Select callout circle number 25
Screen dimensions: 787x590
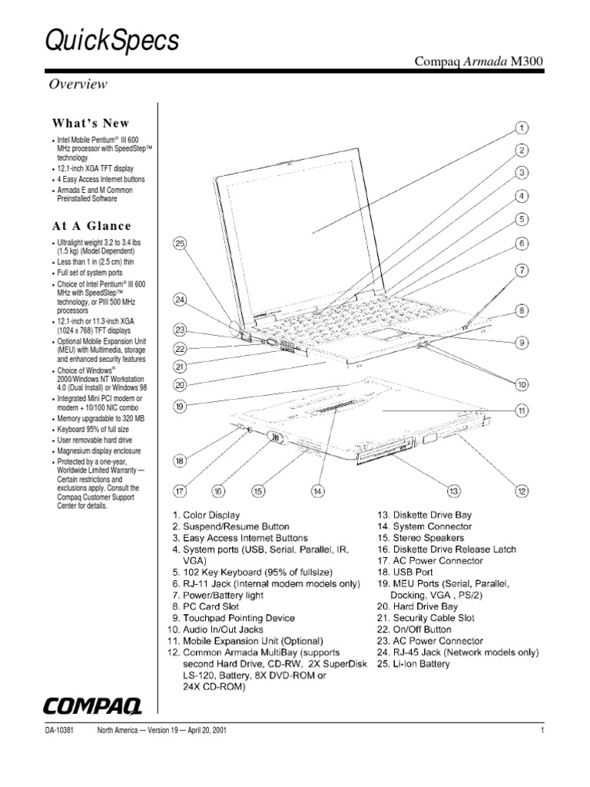point(181,244)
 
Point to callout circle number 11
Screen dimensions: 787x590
point(521,411)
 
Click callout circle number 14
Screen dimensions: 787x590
point(317,489)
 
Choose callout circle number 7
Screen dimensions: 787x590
point(521,270)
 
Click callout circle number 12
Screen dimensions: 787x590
point(521,489)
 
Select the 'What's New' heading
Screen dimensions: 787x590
point(91,123)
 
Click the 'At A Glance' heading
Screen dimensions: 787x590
point(91,226)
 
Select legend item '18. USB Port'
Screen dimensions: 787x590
point(404,572)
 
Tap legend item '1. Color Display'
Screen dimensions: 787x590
point(206,515)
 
